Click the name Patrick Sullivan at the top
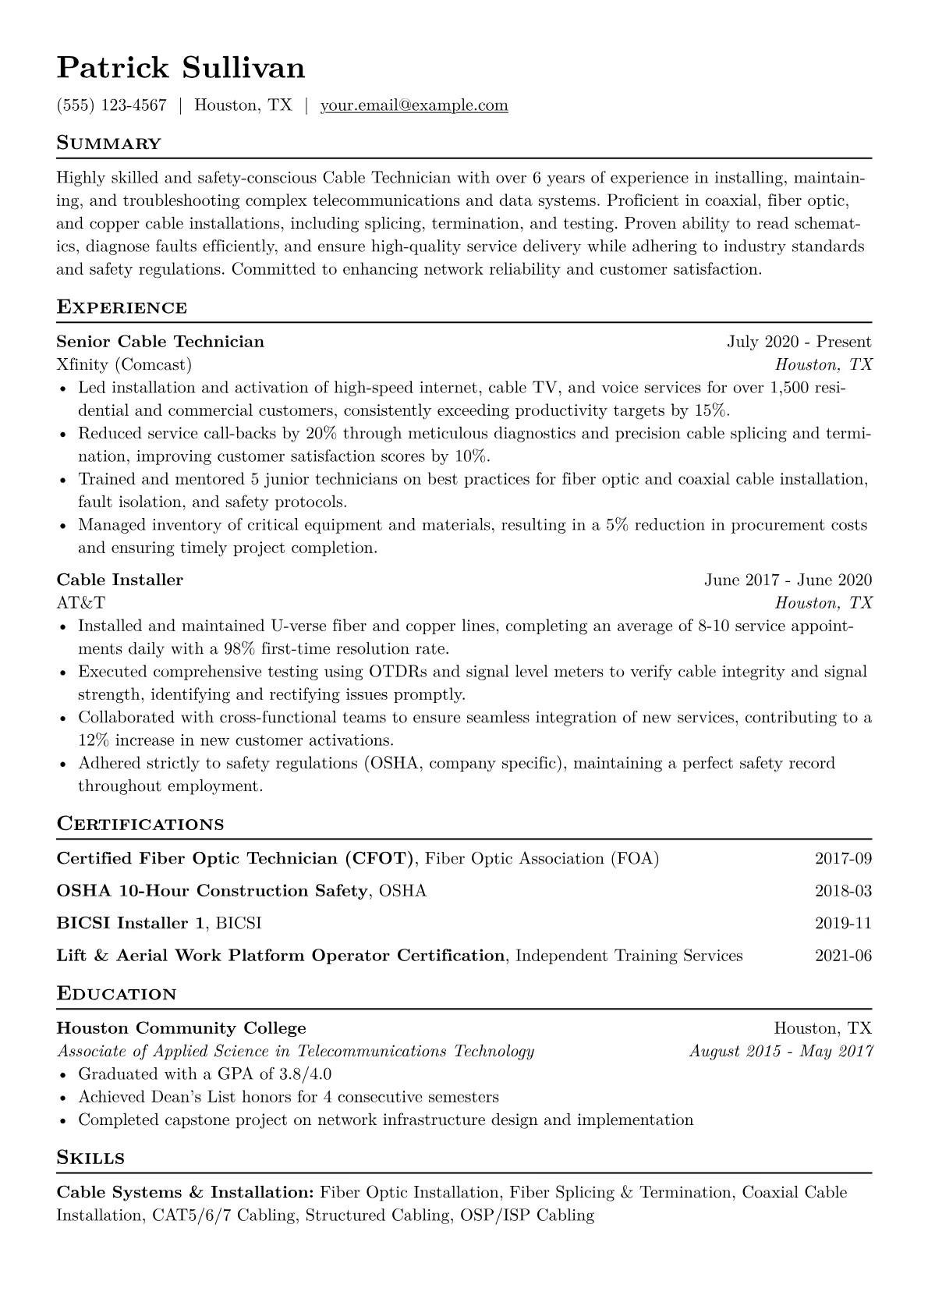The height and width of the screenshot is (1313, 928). tap(181, 69)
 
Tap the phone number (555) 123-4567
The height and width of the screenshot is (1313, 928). tap(112, 105)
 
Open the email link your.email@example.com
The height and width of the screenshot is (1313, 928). tap(414, 105)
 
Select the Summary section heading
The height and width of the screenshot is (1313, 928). tap(109, 144)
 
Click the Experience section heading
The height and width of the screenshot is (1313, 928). tap(122, 307)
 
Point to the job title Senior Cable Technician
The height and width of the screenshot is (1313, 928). tap(161, 342)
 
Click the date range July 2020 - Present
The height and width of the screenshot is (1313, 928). tap(799, 342)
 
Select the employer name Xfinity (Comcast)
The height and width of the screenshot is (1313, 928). tap(124, 364)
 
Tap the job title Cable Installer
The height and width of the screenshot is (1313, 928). tap(120, 580)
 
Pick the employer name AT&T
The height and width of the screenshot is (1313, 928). tap(80, 602)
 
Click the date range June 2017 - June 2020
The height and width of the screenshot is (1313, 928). tap(788, 580)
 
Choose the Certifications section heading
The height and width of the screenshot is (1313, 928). tap(140, 825)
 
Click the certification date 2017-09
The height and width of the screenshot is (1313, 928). tap(843, 859)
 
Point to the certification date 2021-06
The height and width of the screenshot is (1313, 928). tap(843, 956)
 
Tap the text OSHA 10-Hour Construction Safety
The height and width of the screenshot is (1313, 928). tap(212, 891)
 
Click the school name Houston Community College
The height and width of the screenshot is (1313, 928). tap(182, 1028)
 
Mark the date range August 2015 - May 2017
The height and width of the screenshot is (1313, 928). tap(781, 1051)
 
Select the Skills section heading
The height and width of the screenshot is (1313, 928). tap(90, 1158)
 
